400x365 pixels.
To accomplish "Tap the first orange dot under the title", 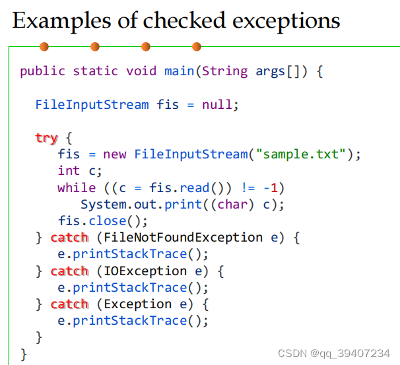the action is click(x=44, y=47).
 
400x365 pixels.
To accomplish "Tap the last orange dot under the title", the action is click(x=196, y=47).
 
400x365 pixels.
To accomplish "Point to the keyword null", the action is click(x=218, y=104).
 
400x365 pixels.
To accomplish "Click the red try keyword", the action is click(x=46, y=138).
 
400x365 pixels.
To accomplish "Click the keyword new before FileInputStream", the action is click(x=115, y=154).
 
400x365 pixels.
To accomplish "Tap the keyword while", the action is click(x=77, y=187).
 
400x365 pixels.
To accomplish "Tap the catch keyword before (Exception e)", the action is click(x=69, y=304).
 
